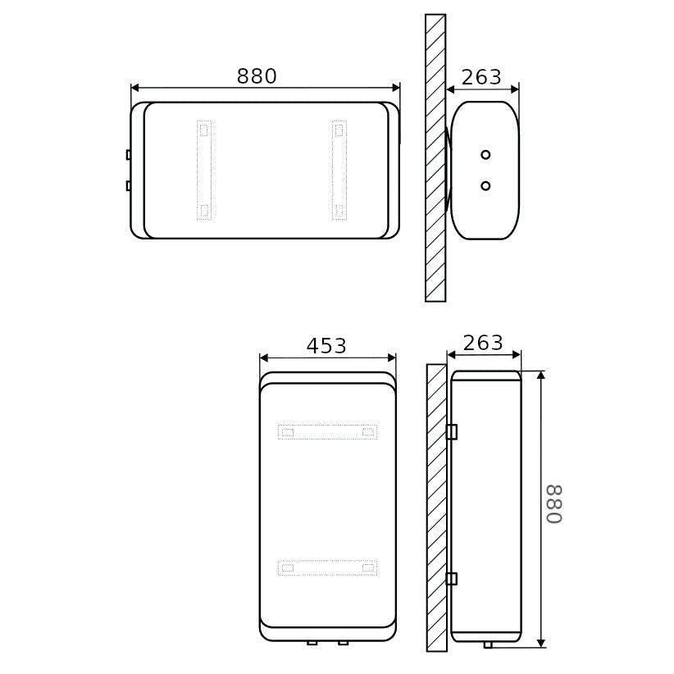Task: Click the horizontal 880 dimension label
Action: (257, 76)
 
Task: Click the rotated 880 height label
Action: (554, 504)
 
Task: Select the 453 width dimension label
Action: (326, 346)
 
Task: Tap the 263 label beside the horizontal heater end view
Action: (481, 77)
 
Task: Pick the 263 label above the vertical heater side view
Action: (483, 343)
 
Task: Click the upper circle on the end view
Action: (485, 155)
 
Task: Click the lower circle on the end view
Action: (485, 185)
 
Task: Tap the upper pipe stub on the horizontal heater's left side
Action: (129, 154)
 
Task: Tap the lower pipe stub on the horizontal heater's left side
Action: (129, 185)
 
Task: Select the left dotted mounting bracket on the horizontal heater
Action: (204, 171)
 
